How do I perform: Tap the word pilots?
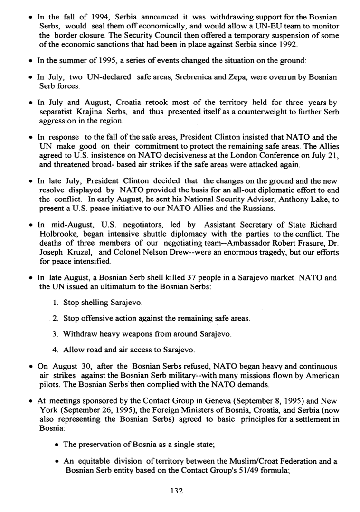point(49,384)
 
